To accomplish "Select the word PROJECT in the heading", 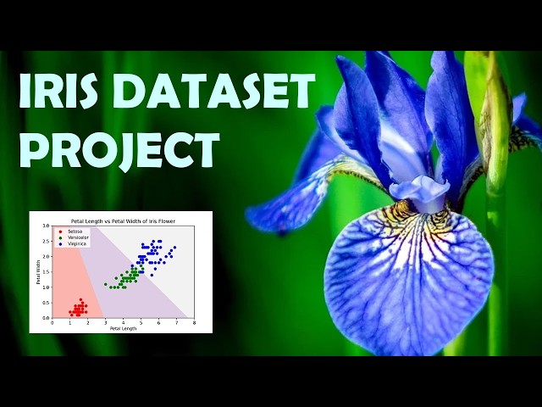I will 119,148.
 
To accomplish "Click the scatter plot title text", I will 123,219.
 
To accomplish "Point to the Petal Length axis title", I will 123,328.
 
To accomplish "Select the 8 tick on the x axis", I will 194,322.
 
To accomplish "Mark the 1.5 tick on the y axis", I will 47,271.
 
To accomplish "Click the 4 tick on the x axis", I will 123,322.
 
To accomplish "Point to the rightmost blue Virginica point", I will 175,248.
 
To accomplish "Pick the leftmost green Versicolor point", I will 105,284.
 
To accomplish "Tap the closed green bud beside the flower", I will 495,119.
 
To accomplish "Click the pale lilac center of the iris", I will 418,191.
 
